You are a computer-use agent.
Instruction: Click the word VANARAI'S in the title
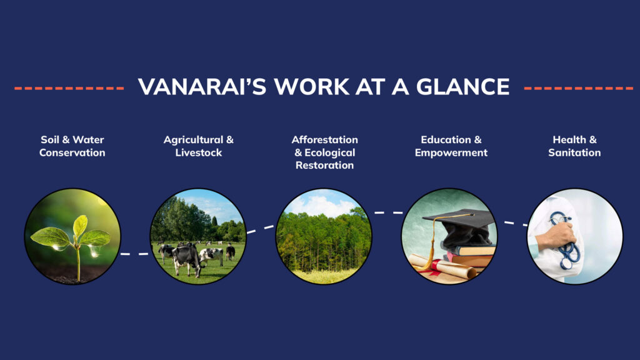(202, 86)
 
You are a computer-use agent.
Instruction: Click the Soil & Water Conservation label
(72, 146)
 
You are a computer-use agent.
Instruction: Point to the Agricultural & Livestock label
(198, 146)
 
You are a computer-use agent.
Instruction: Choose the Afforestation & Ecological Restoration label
(324, 152)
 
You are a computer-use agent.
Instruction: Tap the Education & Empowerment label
(451, 146)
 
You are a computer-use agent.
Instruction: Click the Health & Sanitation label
(574, 146)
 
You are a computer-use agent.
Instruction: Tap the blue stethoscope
(565, 241)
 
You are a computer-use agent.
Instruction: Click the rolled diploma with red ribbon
(443, 267)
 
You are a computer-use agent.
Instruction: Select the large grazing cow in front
(186, 259)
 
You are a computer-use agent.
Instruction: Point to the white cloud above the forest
(322, 205)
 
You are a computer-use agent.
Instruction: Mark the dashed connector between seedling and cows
(135, 254)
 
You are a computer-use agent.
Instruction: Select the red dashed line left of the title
(69, 87)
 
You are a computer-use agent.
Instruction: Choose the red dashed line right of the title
(578, 87)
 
